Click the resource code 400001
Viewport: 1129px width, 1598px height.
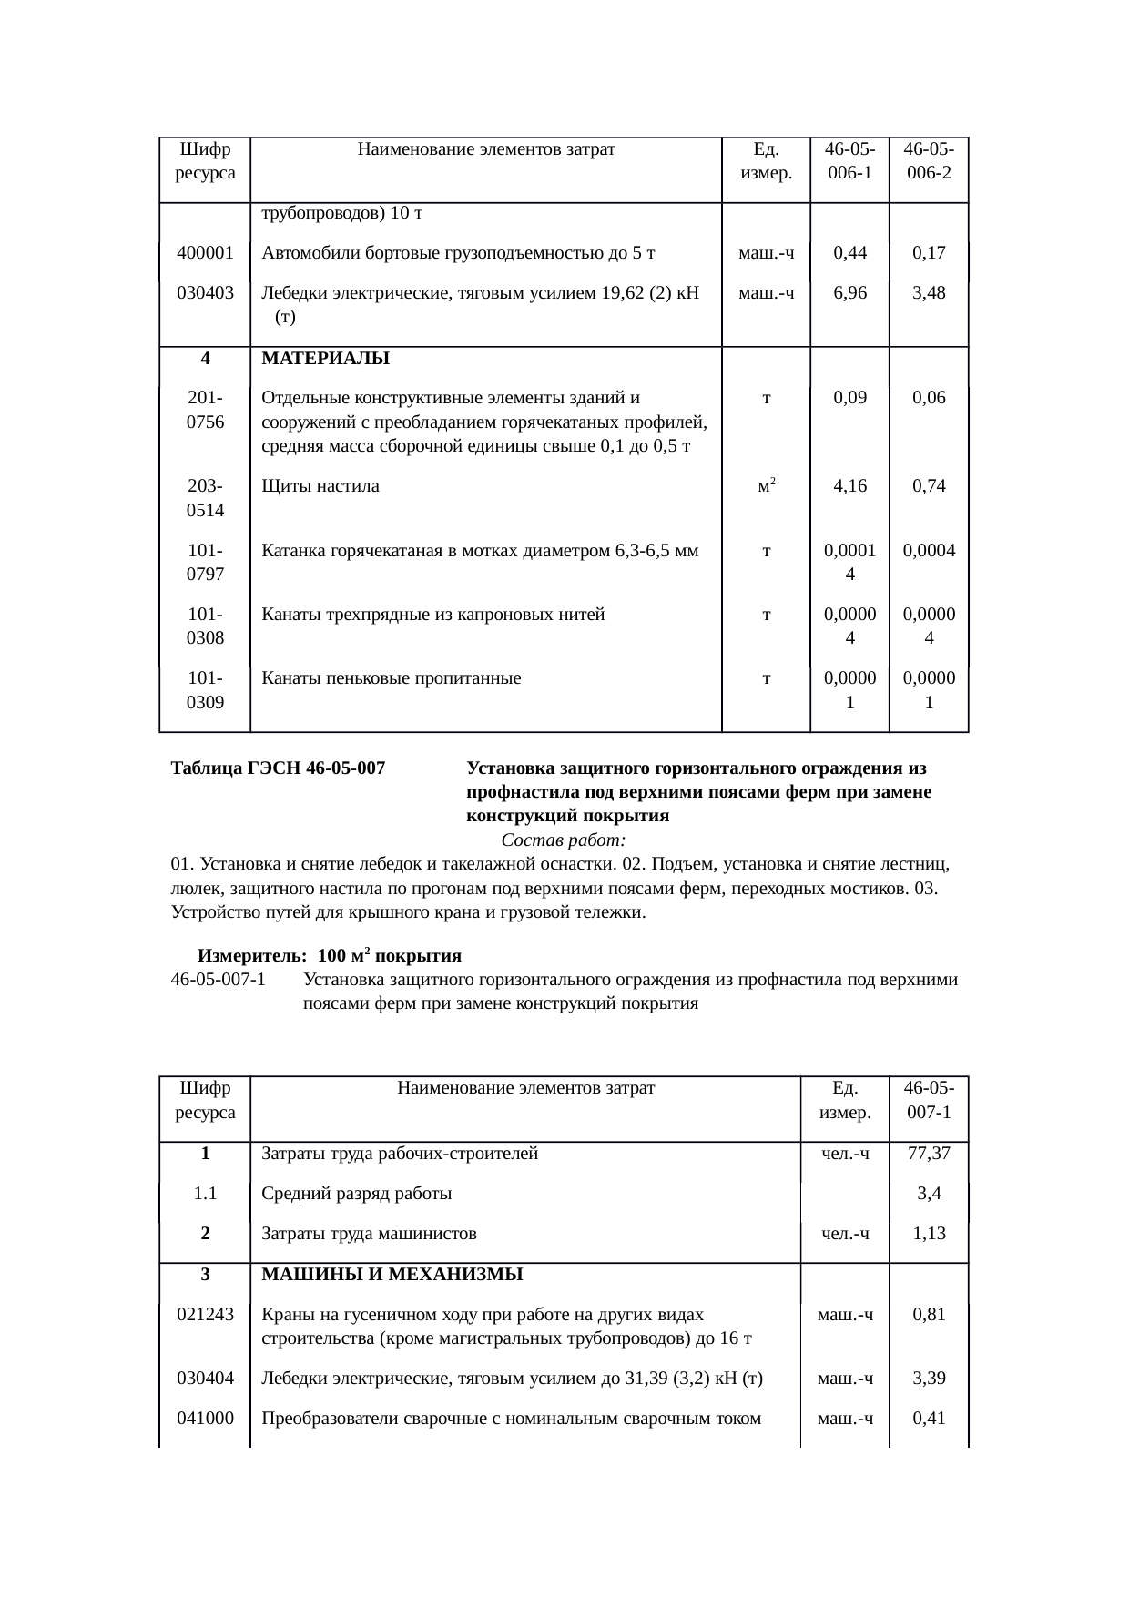click(x=205, y=253)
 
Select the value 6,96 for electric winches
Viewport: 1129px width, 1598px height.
click(x=849, y=293)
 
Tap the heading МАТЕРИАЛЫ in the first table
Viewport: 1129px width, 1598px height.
click(x=325, y=359)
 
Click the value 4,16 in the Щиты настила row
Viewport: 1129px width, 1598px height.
click(x=849, y=486)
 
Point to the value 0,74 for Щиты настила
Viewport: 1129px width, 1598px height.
click(x=929, y=486)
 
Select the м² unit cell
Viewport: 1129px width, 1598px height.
click(x=766, y=485)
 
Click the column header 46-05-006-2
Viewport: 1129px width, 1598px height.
click(x=929, y=159)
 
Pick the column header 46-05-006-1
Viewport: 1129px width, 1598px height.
click(x=849, y=159)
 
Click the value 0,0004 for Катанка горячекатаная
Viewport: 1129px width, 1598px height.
click(x=929, y=550)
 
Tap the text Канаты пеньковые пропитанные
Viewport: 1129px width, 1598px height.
click(x=392, y=678)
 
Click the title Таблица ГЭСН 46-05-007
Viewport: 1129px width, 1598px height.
click(x=278, y=769)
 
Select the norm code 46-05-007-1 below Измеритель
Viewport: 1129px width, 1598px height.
click(x=219, y=981)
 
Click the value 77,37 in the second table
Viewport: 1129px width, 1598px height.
click(x=929, y=1154)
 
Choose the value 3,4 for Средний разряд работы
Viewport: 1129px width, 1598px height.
click(x=929, y=1194)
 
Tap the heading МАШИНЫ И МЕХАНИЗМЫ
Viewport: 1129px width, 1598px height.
click(x=392, y=1275)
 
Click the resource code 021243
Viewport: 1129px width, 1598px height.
click(x=205, y=1315)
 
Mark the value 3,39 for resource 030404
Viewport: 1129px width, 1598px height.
click(x=929, y=1379)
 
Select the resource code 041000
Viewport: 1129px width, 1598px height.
click(x=205, y=1419)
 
